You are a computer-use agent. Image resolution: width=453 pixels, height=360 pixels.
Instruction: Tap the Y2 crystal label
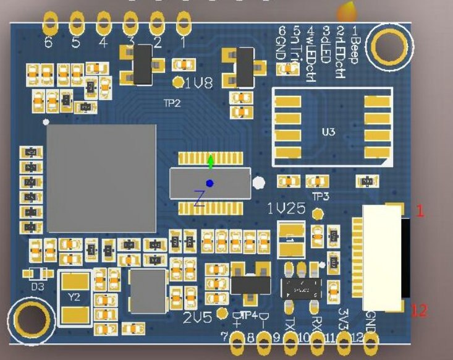coord(74,298)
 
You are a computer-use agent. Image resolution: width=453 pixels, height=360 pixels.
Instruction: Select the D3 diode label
coord(38,286)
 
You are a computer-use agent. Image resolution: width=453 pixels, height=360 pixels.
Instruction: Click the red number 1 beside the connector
coord(420,212)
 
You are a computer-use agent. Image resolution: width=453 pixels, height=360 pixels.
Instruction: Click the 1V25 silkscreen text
coord(286,209)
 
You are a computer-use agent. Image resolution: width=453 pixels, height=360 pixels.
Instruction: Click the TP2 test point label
coord(171,103)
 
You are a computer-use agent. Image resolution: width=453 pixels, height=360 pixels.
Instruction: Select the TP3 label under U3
coord(320,196)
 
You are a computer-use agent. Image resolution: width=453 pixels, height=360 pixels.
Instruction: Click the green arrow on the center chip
coord(211,162)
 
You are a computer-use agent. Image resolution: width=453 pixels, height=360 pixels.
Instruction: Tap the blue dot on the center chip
coord(210,183)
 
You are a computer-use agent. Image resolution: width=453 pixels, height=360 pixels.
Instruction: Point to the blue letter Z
coord(199,199)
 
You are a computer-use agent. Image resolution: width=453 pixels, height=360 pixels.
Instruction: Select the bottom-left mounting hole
coord(30,319)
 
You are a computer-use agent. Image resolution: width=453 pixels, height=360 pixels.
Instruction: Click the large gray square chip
coord(102,178)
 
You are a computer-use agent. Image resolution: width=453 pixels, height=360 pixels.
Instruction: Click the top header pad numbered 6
coord(49,25)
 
